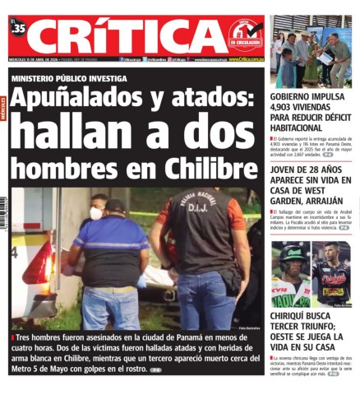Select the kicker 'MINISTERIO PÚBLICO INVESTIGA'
click(x=69, y=78)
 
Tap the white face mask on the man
click(x=95, y=213)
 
